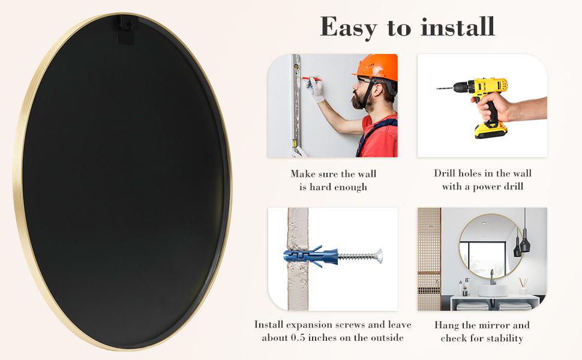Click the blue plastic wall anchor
click(309, 256)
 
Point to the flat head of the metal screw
click(378, 256)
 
